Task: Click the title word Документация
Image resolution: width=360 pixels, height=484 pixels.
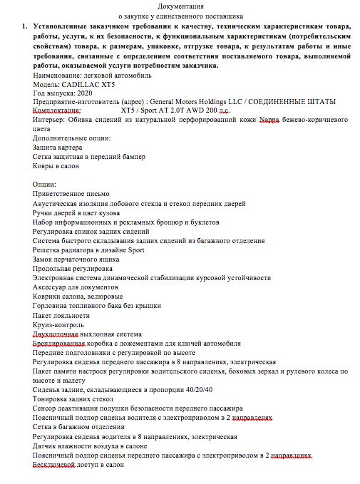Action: [180, 5]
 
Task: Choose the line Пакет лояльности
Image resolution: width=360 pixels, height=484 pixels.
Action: [61, 315]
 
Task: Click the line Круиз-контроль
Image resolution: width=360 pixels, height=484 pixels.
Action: [58, 324]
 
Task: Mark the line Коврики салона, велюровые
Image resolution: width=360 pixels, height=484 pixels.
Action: [78, 297]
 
